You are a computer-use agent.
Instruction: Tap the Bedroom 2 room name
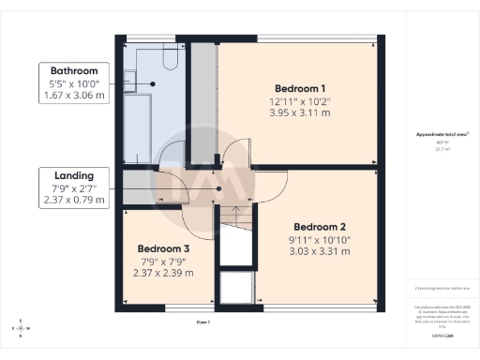pyautogui.click(x=321, y=227)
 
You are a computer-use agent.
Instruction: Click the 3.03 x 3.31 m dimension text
pyautogui.click(x=321, y=250)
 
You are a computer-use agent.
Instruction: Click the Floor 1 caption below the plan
pyautogui.click(x=203, y=322)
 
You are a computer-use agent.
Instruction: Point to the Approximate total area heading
pyautogui.click(x=442, y=135)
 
